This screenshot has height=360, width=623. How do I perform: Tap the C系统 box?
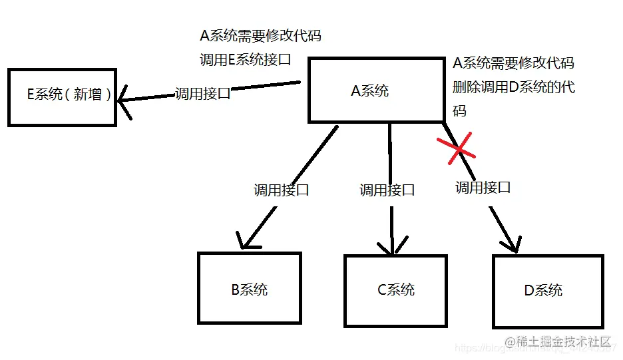[395, 289]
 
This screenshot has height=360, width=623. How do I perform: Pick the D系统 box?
[547, 290]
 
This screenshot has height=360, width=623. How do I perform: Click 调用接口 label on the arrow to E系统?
[202, 93]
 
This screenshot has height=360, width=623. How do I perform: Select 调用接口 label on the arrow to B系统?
[282, 190]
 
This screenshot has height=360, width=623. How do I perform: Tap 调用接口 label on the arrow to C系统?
[387, 190]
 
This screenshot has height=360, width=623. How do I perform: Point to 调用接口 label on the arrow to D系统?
[483, 187]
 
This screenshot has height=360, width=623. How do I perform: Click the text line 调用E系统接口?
[246, 59]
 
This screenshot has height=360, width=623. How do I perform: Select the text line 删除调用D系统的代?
[513, 87]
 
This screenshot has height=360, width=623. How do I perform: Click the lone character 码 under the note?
[459, 110]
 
